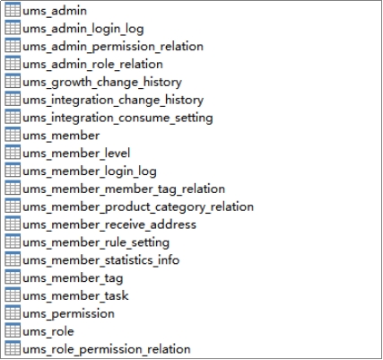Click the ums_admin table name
point(55,11)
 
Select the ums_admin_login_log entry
point(83,29)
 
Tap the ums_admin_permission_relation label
point(113,47)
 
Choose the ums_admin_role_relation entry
point(92,65)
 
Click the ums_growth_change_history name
point(102,83)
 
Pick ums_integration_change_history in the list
point(113,100)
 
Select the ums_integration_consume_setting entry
point(118,118)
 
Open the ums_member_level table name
point(76,154)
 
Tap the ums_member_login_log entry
point(90,171)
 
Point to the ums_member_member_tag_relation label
point(124,189)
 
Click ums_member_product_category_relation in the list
point(138,207)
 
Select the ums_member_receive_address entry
point(109,224)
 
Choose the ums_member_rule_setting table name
point(96,242)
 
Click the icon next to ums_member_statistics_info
point(13,259)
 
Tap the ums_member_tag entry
point(73,278)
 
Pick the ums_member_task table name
point(75,296)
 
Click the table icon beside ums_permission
point(13,312)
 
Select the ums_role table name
point(48,331)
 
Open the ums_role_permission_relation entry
point(107,349)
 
